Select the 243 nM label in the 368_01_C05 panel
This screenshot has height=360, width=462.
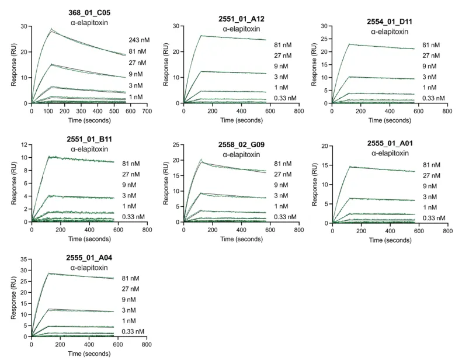138,40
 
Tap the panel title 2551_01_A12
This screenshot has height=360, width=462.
241,19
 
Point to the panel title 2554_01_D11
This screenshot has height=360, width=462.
390,22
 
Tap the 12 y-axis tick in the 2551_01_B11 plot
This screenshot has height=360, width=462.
25,144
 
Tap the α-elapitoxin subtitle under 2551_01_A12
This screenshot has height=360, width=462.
241,29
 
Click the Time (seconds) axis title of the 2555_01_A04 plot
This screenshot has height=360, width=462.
89,354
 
